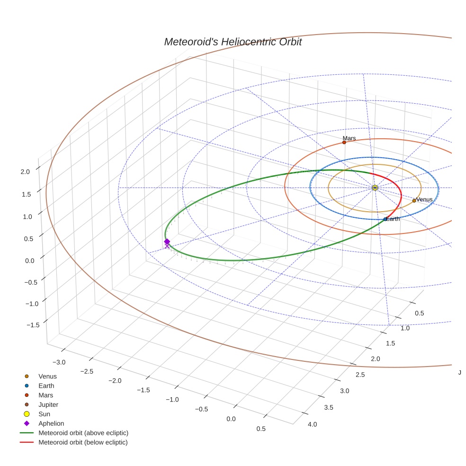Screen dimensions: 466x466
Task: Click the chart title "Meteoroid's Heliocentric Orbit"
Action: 233,42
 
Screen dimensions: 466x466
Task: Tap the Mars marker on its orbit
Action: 344,142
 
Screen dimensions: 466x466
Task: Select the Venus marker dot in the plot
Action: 414,200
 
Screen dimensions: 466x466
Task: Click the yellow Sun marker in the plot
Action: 375,188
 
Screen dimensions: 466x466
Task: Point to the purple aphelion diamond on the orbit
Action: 167,242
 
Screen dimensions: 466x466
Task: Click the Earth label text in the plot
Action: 393,219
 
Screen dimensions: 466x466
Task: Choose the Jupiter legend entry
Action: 48,404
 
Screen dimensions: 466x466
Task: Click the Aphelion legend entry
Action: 51,423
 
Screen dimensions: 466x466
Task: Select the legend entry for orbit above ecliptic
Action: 83,433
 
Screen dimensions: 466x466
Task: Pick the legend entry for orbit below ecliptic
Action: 83,442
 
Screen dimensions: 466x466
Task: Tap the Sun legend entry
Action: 44,414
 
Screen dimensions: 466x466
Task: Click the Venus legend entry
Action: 47,376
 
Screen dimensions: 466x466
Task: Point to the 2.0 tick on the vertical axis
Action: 25,172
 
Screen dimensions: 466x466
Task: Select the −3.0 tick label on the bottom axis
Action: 59,362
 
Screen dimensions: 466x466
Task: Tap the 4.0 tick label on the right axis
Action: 313,424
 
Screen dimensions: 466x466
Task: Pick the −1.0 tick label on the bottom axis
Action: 172,399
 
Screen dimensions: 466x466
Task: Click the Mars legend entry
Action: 45,395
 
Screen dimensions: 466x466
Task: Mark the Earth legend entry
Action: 46,385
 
